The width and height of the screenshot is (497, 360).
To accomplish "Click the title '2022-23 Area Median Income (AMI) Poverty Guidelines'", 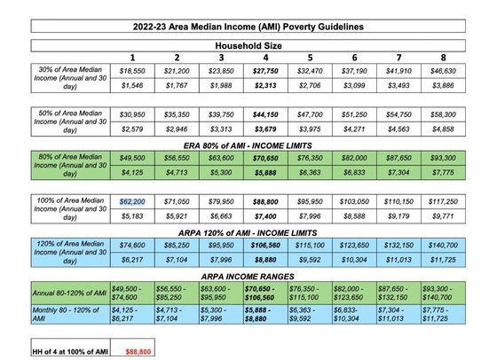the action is tap(249, 27).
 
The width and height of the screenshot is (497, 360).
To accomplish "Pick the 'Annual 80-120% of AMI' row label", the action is tap(70, 293).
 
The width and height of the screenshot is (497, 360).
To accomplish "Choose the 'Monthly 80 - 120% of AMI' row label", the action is tap(70, 315).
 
